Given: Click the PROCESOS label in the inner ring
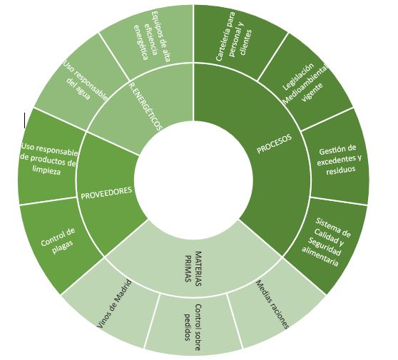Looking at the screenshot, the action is [274, 144].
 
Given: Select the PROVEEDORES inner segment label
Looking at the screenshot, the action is [106, 192].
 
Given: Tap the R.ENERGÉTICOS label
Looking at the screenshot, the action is [145, 106].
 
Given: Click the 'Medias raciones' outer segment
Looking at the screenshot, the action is [272, 304].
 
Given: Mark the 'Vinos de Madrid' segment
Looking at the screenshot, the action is [115, 304].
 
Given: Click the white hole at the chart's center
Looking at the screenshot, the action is [193, 180].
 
